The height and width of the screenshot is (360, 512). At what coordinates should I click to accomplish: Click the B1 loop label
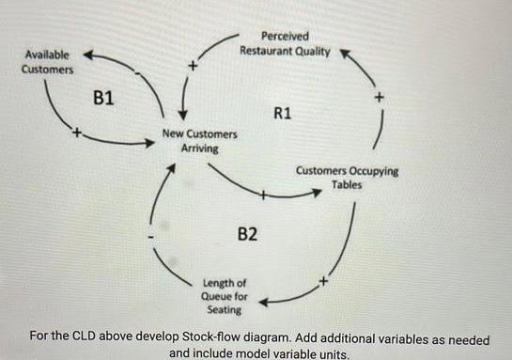click(105, 97)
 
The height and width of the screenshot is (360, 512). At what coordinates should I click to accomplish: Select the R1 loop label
click(283, 113)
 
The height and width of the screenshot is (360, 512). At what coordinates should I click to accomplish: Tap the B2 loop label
click(246, 233)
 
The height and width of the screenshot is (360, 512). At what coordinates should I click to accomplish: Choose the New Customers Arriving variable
click(199, 141)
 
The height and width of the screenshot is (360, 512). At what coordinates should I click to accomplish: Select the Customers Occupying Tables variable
click(346, 178)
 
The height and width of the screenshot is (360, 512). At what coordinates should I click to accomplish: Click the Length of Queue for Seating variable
click(225, 295)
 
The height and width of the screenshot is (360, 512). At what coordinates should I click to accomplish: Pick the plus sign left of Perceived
click(193, 67)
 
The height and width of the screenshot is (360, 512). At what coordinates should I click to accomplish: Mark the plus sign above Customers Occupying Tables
click(379, 96)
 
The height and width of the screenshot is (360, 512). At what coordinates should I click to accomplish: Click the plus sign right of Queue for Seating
click(323, 279)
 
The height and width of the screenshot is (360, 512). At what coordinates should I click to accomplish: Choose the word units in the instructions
click(330, 353)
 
